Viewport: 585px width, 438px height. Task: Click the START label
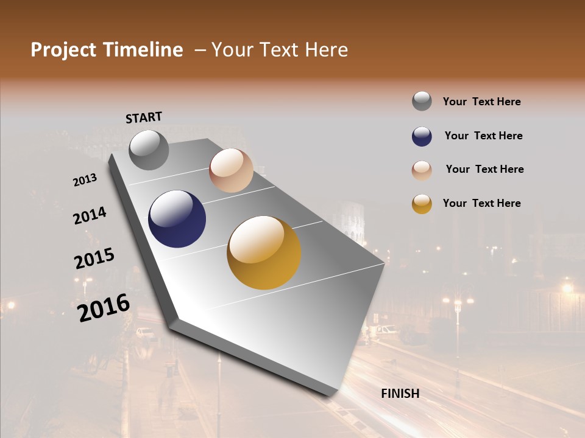(144, 117)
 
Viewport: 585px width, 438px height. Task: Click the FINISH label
(400, 394)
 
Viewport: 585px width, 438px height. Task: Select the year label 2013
(85, 180)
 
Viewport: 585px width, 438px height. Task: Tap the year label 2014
(90, 216)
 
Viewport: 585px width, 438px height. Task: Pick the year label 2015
(94, 259)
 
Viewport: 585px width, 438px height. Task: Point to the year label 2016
(104, 308)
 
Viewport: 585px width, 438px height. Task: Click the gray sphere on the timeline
(149, 150)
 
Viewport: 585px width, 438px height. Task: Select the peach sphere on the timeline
(231, 170)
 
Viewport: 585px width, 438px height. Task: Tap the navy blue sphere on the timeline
(177, 219)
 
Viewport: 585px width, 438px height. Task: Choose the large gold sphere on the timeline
(264, 252)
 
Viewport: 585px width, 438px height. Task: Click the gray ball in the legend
(422, 101)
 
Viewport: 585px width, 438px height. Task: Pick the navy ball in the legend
(422, 136)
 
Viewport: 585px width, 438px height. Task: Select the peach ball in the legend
(422, 170)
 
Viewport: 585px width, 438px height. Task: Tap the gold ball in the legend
(422, 204)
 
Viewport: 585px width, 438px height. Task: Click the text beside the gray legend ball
(481, 102)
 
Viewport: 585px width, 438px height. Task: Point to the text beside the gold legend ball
(481, 203)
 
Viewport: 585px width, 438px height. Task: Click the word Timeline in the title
(143, 50)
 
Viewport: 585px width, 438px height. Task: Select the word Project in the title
(64, 50)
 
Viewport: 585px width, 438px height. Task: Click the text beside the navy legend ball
(483, 136)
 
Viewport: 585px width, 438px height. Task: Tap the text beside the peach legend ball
(484, 169)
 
